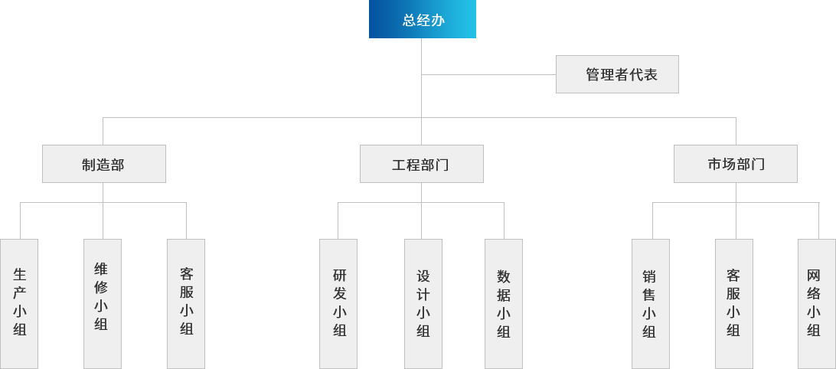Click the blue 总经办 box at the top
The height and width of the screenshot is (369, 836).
[x=422, y=20]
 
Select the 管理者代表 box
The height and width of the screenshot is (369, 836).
[x=617, y=74]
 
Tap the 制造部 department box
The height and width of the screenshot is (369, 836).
[x=103, y=164]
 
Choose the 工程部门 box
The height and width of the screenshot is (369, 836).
[x=421, y=164]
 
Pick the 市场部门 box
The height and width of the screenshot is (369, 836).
[x=736, y=164]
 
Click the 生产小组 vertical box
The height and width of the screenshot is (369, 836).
[x=20, y=303]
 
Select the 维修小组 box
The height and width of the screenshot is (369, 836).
[x=102, y=303]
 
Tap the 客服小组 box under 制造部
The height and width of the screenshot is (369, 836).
[x=186, y=303]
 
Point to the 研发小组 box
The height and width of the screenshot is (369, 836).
[x=338, y=303]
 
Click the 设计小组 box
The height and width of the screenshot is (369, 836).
[x=423, y=303]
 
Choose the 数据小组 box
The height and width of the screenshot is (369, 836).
[x=504, y=303]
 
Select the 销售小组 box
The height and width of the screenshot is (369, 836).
[x=651, y=303]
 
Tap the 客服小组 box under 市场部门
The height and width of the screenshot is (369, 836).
[x=733, y=303]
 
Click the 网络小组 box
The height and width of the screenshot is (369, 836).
[x=815, y=303]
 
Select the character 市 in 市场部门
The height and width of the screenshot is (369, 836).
[x=715, y=165]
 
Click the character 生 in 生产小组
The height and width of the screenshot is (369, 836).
[x=20, y=273]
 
